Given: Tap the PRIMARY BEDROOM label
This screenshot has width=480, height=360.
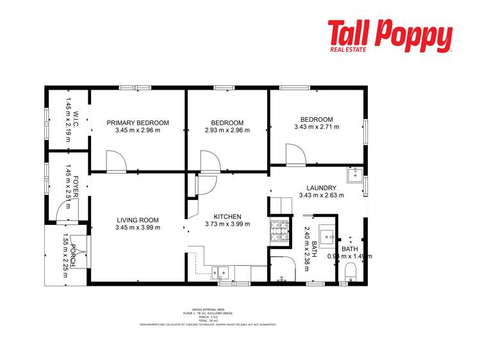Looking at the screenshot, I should point(138,122).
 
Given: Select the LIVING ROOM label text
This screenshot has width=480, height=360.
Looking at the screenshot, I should point(137,220).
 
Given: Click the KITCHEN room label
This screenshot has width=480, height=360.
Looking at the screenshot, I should point(227,217).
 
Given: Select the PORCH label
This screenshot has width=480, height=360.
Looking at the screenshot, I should point(74,256).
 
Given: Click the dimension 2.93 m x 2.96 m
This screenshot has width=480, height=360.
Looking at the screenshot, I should point(227,130).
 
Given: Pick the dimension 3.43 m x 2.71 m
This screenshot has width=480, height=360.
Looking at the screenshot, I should point(317,127).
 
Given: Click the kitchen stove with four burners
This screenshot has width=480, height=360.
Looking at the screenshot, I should point(279,229).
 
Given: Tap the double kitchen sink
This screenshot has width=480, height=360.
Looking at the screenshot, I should point(220,272).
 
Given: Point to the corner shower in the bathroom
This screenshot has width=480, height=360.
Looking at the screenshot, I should point(279,269).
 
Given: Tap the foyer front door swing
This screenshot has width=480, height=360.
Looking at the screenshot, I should point(64,210).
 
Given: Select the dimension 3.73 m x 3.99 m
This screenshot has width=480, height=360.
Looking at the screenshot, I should point(227,224).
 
